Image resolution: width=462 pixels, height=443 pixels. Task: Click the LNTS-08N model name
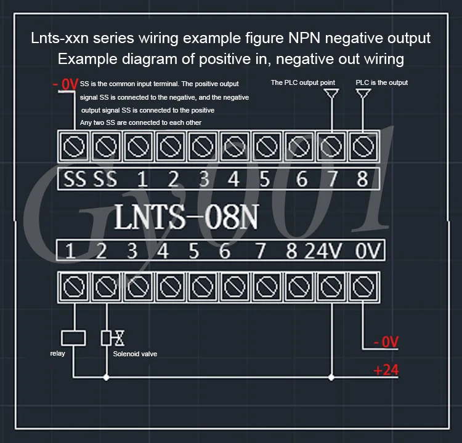coord(186,217)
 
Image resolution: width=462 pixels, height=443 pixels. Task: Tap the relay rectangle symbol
coord(73,338)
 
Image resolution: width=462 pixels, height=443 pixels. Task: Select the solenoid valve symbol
coord(113,338)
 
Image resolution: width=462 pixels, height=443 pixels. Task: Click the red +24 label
coord(386,370)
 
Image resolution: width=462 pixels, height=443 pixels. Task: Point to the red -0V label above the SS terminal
coord(65,84)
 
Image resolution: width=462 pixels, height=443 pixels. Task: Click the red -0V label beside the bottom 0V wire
coord(386,342)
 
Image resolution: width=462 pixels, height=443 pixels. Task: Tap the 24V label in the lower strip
coord(323,251)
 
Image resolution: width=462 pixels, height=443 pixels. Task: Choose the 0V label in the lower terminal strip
coord(368,251)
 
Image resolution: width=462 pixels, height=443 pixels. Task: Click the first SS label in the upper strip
coord(75,179)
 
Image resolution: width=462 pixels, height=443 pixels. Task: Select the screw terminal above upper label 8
coord(363,146)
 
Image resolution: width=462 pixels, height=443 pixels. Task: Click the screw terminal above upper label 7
coord(331,146)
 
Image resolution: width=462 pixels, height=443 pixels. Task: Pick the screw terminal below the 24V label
coord(331,287)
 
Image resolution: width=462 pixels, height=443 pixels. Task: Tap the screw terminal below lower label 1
coord(74,287)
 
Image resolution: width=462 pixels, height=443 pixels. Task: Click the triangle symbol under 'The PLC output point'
coord(331,94)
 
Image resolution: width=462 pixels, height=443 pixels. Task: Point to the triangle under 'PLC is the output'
coord(363,94)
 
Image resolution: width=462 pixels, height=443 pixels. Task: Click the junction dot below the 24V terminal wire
coord(331,377)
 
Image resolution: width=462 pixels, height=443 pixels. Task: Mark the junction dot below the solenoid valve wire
coord(106,377)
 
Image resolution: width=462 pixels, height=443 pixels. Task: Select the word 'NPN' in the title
coord(304,38)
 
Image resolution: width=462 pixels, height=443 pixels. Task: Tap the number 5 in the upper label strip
coord(265,179)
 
